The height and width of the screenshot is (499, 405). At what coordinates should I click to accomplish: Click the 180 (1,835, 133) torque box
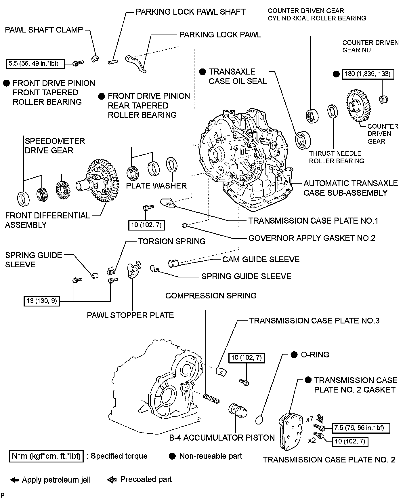click(x=367, y=74)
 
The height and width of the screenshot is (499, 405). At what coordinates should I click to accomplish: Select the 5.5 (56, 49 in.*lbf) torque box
click(x=35, y=64)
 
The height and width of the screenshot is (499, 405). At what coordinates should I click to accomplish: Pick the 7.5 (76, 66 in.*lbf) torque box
click(x=361, y=428)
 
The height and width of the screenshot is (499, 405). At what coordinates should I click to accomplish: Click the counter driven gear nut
click(x=383, y=100)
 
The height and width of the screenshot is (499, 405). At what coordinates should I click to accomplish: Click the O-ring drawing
click(x=259, y=420)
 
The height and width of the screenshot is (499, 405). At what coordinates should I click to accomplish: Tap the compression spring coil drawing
click(x=211, y=399)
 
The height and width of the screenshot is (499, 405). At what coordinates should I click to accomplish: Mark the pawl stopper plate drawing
click(x=134, y=270)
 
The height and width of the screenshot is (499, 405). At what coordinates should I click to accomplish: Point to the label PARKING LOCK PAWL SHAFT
click(x=190, y=12)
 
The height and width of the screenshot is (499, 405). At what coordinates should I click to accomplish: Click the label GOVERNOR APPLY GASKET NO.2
click(x=312, y=238)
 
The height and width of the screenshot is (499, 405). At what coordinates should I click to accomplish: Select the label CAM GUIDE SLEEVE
click(x=261, y=259)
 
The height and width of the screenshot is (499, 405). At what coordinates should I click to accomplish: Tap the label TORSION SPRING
click(x=171, y=241)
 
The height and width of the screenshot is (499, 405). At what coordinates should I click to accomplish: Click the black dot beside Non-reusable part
click(x=172, y=456)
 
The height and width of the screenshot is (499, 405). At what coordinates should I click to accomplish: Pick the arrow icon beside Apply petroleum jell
click(x=14, y=480)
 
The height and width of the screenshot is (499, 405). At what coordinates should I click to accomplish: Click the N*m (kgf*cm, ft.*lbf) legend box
click(x=46, y=456)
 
